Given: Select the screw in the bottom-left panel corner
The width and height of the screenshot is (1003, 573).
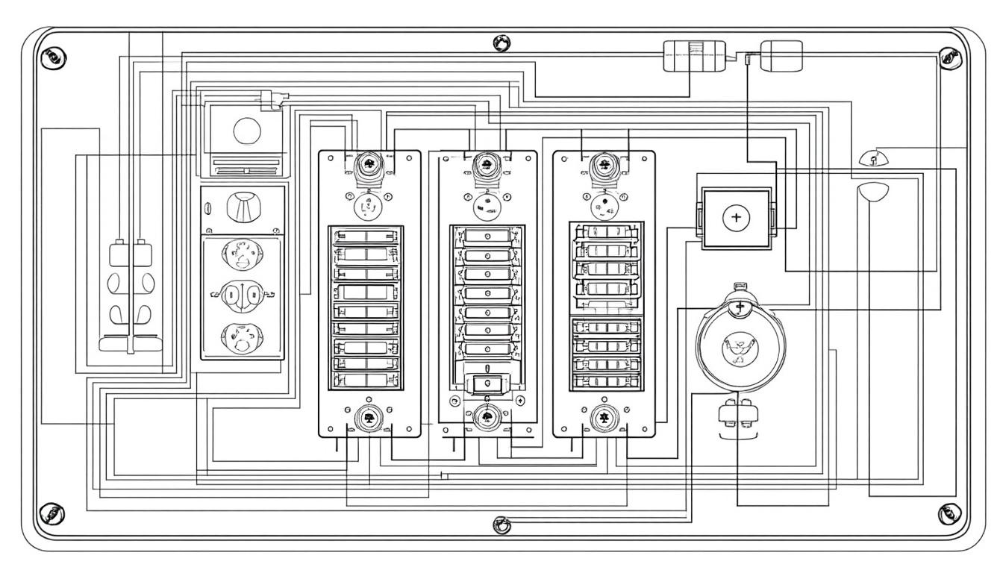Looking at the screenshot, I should pyautogui.click(x=52, y=512).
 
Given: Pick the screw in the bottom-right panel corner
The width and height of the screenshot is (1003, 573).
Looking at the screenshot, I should pyautogui.click(x=949, y=512).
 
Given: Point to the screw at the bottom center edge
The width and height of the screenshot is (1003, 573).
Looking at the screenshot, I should pyautogui.click(x=502, y=525).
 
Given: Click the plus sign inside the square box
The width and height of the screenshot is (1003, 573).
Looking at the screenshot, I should pyautogui.click(x=737, y=218).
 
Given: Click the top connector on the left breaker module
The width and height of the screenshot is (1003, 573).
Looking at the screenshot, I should pyautogui.click(x=368, y=166).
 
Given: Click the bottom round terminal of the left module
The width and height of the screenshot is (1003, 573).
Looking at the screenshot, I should pyautogui.click(x=368, y=419).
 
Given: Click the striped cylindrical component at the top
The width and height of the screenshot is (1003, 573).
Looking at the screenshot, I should pyautogui.click(x=694, y=56).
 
